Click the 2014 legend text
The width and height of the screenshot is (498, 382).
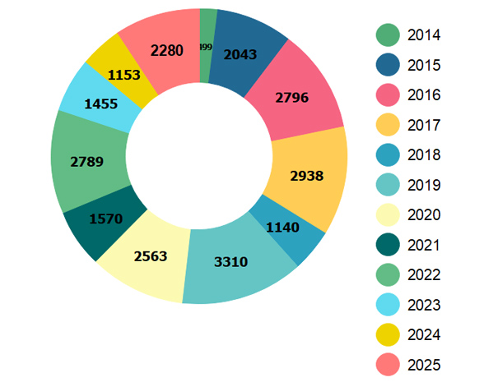424,35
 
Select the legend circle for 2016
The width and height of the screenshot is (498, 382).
388,95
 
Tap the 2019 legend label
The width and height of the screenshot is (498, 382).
424,185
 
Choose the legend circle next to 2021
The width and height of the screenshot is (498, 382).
388,245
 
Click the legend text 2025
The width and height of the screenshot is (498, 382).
424,365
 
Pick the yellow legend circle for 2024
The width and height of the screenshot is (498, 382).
388,335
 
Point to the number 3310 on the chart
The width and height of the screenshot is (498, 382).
230,263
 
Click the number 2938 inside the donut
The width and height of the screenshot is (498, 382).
307,175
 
